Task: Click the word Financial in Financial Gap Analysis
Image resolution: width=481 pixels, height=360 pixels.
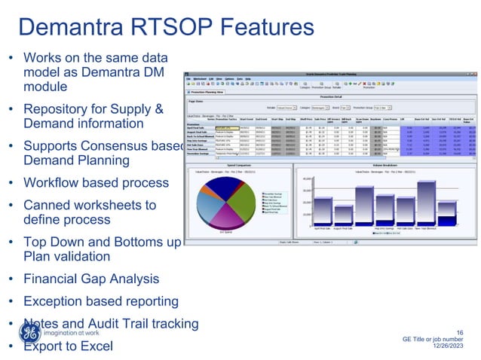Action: pos(53,279)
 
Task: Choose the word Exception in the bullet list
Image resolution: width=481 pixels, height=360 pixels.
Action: pos(55,301)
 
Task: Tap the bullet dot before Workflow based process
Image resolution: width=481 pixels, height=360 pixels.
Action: pos(11,184)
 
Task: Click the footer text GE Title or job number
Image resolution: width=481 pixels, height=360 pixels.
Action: pos(436,340)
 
